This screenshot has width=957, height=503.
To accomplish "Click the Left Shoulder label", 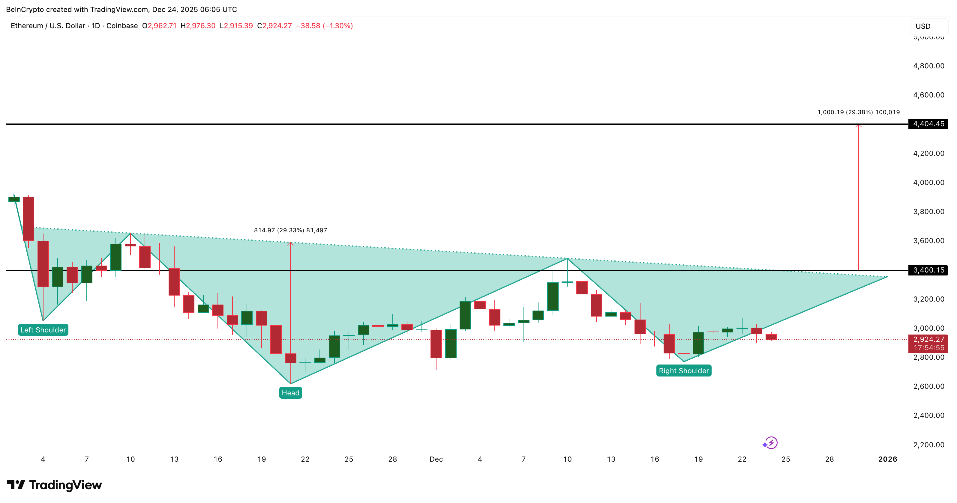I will [x=43, y=330].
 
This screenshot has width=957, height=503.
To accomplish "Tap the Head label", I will [x=290, y=393].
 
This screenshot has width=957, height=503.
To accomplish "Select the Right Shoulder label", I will [x=684, y=371].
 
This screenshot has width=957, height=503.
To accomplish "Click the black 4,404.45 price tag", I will [x=928, y=124].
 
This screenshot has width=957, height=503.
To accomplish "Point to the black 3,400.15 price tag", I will [x=928, y=270].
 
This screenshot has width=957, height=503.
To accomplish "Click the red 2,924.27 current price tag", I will [x=928, y=339].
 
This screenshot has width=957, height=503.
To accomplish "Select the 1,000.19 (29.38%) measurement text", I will [x=858, y=112].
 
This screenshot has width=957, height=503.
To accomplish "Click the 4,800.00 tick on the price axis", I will [x=928, y=66].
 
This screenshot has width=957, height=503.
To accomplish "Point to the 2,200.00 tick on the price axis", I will [x=928, y=444].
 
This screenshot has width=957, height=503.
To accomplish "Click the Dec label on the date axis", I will [x=436, y=459].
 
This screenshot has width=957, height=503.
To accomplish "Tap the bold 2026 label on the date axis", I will [x=887, y=459].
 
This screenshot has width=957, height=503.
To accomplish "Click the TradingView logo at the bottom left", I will [x=54, y=485].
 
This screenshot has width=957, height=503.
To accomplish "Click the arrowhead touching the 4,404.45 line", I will [x=859, y=126].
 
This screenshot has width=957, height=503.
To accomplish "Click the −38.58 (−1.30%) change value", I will [x=324, y=25].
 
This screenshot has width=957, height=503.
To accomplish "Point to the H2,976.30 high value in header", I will [x=198, y=25].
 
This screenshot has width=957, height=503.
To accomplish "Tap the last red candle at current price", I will [x=771, y=337].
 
